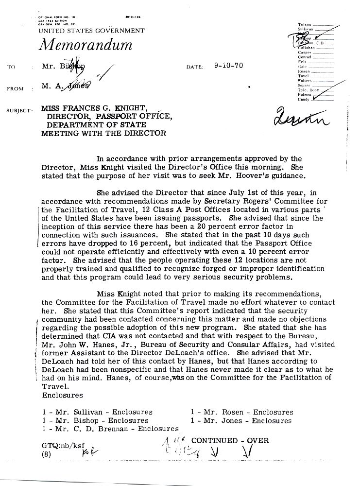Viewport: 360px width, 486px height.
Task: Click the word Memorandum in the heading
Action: coord(85,45)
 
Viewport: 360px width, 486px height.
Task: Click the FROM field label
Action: coord(16,89)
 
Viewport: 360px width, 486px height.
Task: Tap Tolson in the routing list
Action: coord(305,24)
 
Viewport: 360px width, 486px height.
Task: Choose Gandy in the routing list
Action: coord(305,99)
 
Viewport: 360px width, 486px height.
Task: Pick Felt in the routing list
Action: coord(302,62)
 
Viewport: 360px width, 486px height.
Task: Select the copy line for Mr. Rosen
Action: coord(242,412)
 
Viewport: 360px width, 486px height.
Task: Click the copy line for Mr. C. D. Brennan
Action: coord(110,429)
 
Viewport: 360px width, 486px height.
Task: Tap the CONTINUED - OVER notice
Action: coord(230,440)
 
